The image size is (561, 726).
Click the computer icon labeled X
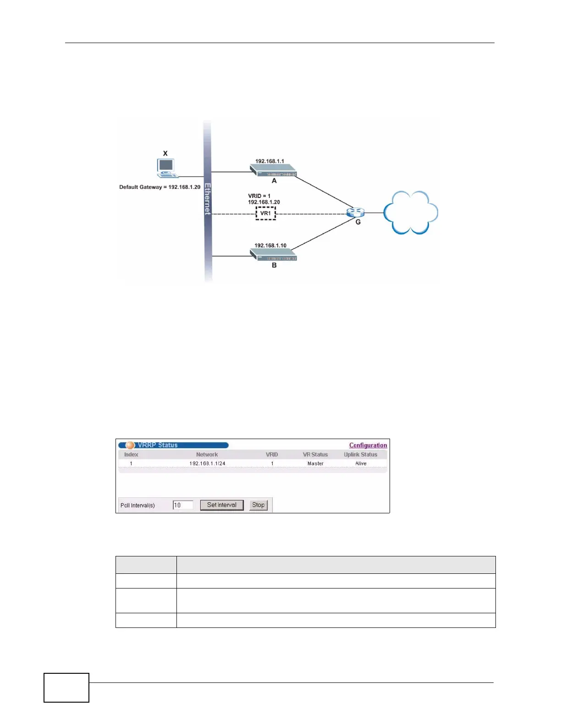(166, 168)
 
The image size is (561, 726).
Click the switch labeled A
(274, 171)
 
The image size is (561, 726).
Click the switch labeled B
(274, 255)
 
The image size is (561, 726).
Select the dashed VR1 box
(265, 213)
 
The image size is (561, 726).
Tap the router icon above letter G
(355, 212)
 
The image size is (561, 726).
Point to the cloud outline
(410, 212)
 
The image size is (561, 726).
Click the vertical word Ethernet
(208, 199)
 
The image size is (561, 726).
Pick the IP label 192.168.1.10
(270, 246)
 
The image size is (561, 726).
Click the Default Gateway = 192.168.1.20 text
(160, 187)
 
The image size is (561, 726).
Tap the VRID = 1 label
(259, 196)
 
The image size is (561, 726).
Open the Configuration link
(368, 445)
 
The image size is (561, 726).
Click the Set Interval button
(222, 505)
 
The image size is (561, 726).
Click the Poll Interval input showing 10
(183, 505)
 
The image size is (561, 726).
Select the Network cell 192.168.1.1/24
(207, 463)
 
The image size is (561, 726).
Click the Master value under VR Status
(315, 463)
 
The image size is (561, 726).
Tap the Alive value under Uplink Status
(361, 463)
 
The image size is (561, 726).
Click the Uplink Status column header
(361, 455)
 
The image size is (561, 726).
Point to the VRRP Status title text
(158, 445)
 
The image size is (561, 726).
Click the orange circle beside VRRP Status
(130, 445)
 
